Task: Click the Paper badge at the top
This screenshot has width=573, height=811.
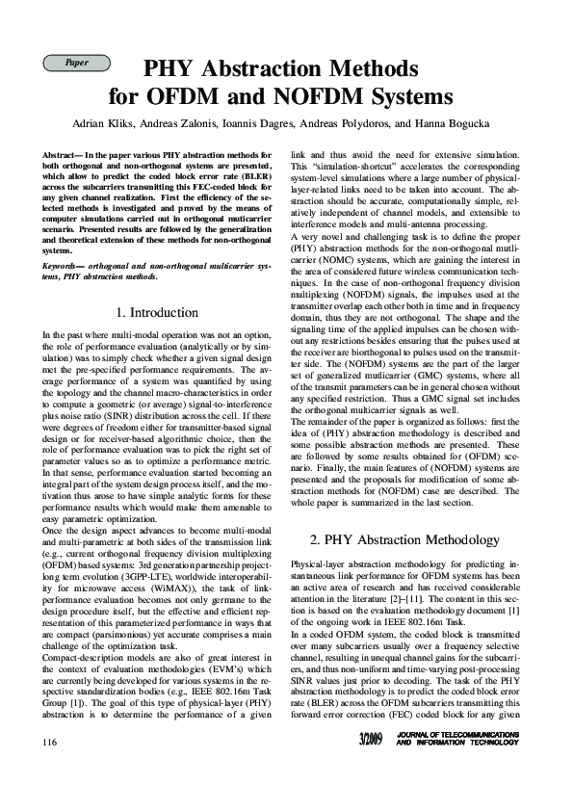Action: [x=76, y=63]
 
